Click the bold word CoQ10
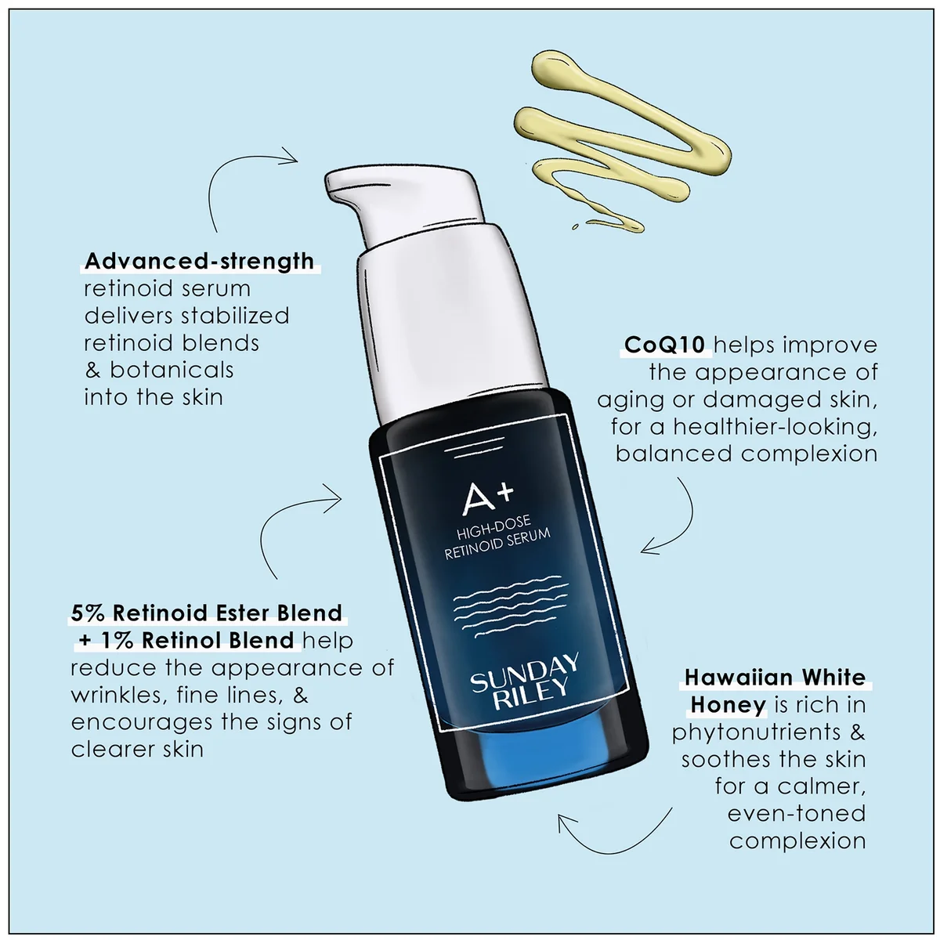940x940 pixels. click(666, 345)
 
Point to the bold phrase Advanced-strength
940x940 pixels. click(199, 261)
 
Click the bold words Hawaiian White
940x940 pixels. click(775, 677)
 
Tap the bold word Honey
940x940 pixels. click(728, 704)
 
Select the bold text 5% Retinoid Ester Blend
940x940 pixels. click(207, 613)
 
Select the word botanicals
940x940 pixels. click(172, 370)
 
